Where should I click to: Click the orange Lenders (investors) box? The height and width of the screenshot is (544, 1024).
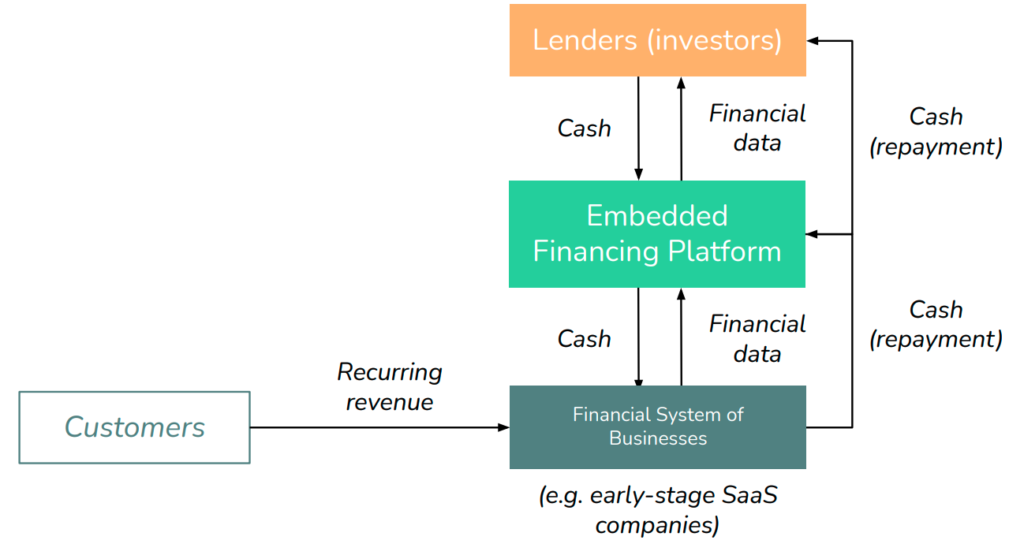(x=658, y=40)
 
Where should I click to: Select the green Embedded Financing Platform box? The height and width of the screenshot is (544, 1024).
(x=657, y=234)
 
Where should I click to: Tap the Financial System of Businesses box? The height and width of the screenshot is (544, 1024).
(x=658, y=427)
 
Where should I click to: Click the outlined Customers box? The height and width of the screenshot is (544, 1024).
(x=135, y=428)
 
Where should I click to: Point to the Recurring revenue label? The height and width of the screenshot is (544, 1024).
(x=390, y=387)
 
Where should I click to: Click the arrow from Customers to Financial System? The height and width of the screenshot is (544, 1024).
(x=379, y=428)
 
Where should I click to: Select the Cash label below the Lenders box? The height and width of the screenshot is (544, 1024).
(x=584, y=129)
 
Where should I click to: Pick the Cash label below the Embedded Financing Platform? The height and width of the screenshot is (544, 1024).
(x=584, y=339)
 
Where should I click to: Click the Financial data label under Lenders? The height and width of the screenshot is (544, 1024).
(x=758, y=128)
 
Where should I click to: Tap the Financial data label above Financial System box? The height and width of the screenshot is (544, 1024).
(x=758, y=339)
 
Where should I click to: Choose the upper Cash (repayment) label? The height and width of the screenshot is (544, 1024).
(x=936, y=132)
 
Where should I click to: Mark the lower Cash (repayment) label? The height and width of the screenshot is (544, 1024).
(x=936, y=325)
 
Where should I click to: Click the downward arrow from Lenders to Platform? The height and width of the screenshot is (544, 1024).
(x=639, y=129)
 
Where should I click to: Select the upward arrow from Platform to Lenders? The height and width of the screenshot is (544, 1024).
(x=681, y=129)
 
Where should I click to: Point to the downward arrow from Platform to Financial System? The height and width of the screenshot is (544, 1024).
(x=639, y=337)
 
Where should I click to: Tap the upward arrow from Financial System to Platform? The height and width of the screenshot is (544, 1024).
(x=681, y=337)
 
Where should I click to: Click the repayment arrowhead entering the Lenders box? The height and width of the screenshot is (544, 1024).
(x=812, y=41)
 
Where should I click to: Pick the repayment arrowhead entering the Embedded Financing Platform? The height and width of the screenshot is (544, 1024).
(x=811, y=234)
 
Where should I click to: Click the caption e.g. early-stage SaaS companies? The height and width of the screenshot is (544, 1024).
(x=658, y=510)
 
